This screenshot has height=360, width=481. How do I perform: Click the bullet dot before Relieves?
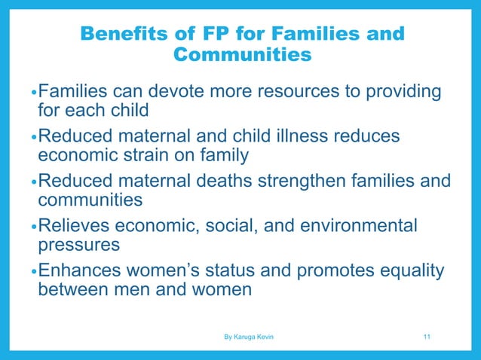(x=33, y=226)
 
